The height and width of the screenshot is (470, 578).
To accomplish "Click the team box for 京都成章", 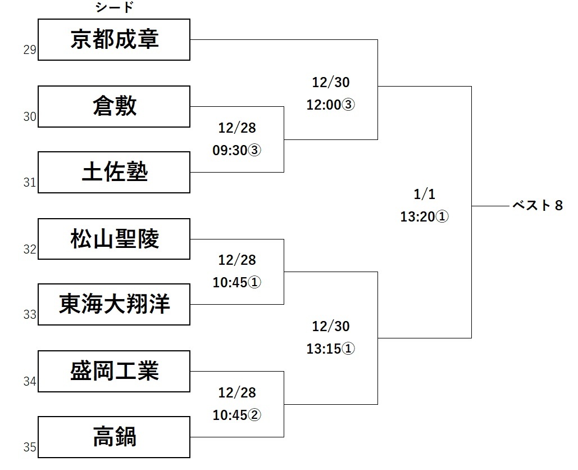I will click(x=114, y=40).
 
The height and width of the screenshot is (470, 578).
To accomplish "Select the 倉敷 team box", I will click(x=114, y=106).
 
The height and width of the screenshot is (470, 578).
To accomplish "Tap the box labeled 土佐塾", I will click(x=114, y=172).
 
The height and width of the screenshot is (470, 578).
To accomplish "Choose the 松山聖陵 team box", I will click(x=114, y=238).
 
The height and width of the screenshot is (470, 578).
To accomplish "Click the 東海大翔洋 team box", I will click(x=114, y=304).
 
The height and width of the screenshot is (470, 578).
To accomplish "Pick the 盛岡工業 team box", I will click(x=114, y=371).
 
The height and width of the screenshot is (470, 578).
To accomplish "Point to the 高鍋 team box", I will click(x=114, y=437).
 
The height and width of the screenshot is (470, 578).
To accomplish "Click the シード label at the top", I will click(x=115, y=8).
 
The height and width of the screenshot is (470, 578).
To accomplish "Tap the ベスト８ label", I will click(x=538, y=206).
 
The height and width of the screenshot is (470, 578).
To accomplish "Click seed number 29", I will click(x=30, y=50).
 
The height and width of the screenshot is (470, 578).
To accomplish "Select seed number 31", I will click(x=30, y=182).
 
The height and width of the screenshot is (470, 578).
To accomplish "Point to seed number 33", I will click(x=30, y=314).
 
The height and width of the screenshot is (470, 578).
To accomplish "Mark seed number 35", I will click(x=30, y=447).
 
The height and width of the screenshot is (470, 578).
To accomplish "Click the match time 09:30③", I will click(x=237, y=151).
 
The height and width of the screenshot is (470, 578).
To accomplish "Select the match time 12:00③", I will click(x=331, y=105).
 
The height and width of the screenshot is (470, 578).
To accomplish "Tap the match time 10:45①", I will click(x=237, y=283).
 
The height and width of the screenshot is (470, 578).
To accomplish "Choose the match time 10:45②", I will click(x=237, y=415).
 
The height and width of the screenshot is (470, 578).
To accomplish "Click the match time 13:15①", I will click(x=331, y=349).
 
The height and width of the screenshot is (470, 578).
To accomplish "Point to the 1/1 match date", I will click(x=424, y=195).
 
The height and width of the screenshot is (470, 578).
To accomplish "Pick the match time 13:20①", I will click(x=424, y=217).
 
